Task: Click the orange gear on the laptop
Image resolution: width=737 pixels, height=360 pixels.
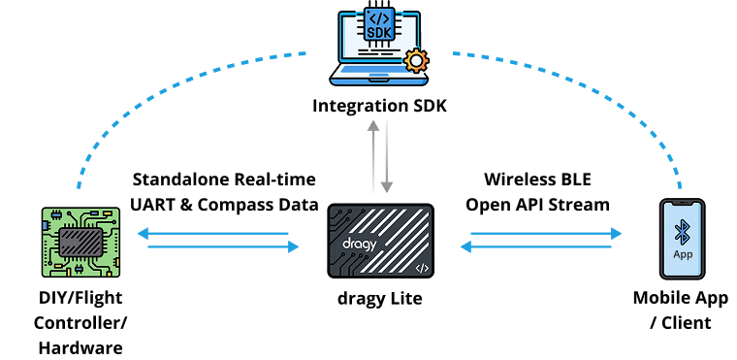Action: [x=416, y=61]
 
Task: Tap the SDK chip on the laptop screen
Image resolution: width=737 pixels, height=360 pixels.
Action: [x=379, y=23]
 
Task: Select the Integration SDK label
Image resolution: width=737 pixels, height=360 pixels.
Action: [x=379, y=106]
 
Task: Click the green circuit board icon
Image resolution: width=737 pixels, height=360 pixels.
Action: [x=80, y=242]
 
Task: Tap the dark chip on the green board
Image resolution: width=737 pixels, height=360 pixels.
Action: [x=80, y=243]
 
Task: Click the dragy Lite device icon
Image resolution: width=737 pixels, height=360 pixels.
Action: [x=380, y=241]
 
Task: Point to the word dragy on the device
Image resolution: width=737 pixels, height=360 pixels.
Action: [x=360, y=245]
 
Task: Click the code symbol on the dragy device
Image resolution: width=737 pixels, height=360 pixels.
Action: [x=422, y=268]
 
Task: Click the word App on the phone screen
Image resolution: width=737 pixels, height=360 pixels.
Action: [x=683, y=254]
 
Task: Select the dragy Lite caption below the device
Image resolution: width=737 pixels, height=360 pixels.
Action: [x=380, y=299]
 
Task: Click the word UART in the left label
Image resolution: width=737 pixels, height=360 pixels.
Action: [x=152, y=205]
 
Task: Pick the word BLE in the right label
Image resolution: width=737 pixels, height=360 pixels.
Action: [x=572, y=180]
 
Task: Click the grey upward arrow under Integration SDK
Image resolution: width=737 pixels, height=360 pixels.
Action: [x=373, y=156]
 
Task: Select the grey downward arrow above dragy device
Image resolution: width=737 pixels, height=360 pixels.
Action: [x=386, y=156]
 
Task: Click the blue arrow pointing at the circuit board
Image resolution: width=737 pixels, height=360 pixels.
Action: [x=213, y=234]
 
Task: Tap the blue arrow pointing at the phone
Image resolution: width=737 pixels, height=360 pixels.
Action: [x=546, y=234]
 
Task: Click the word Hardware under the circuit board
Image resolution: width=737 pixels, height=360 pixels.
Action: [x=80, y=348]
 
